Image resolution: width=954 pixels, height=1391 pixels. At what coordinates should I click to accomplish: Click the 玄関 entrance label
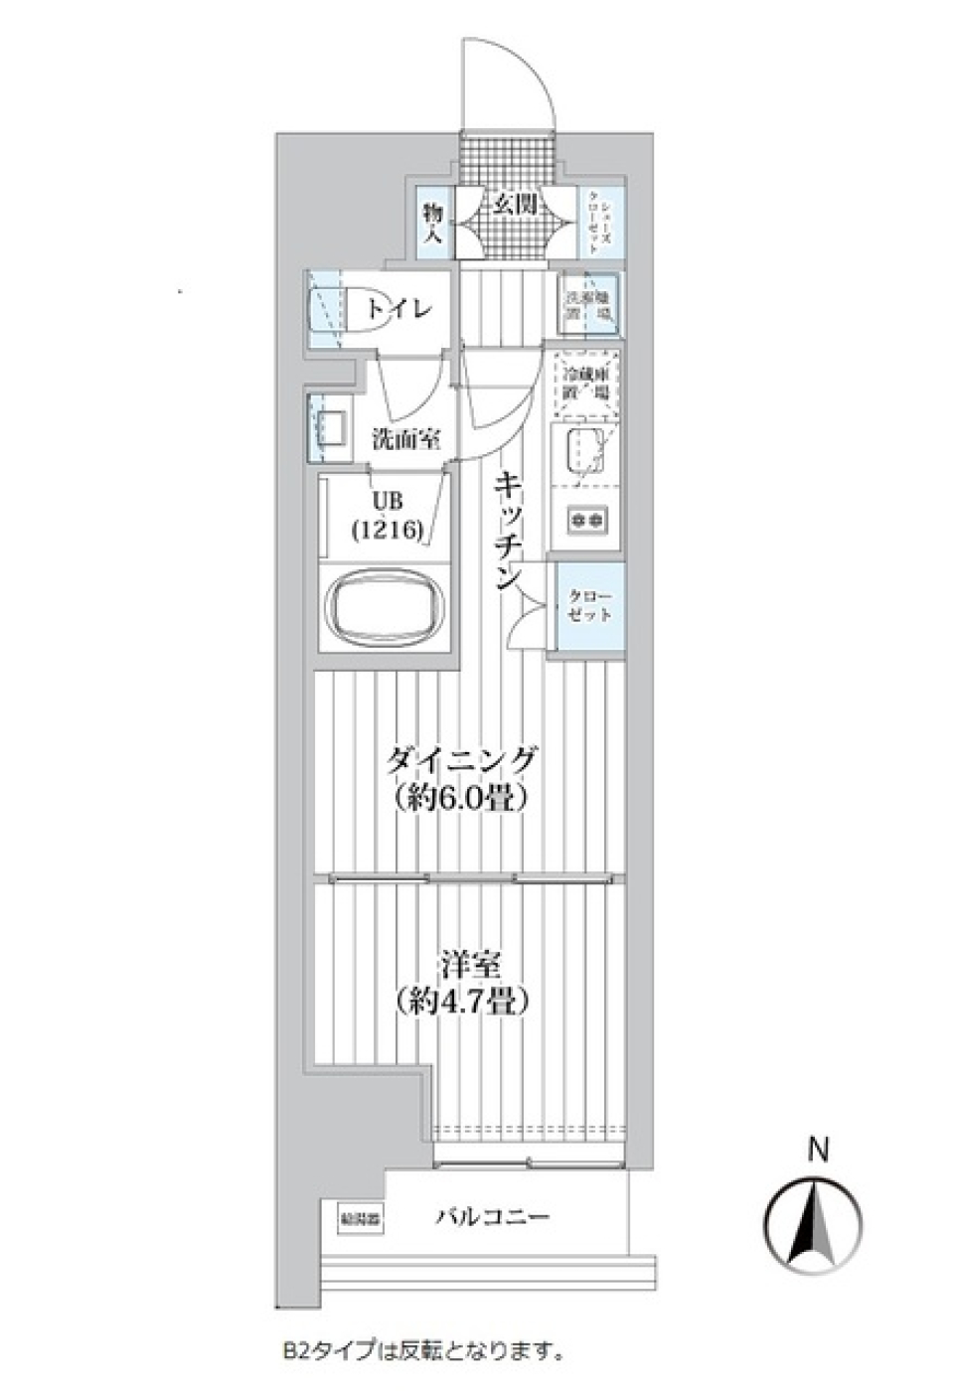click(516, 206)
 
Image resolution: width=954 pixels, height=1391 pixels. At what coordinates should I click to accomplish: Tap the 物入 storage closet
click(433, 224)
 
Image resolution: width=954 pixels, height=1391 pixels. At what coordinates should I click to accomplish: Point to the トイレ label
click(399, 309)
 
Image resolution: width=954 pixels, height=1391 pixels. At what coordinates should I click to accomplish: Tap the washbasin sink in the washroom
click(329, 428)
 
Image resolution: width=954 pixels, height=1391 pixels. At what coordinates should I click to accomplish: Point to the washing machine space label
click(588, 306)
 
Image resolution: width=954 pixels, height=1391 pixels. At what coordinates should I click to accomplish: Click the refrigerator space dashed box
click(586, 384)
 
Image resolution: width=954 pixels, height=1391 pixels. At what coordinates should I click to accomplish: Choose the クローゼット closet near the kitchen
click(589, 606)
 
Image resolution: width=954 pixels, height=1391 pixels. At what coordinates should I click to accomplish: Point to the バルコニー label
click(492, 1217)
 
